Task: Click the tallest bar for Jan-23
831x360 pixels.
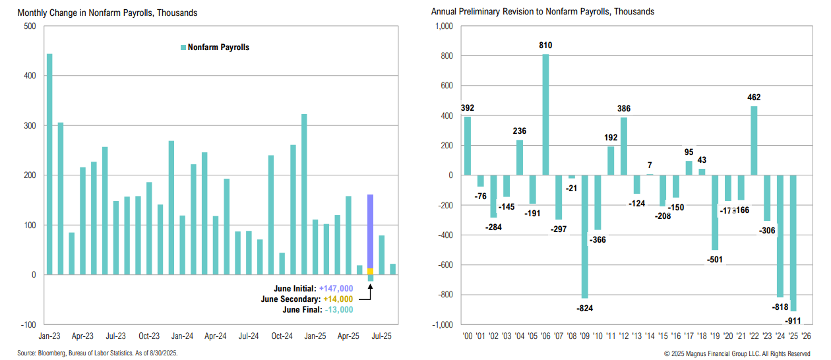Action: point(49,164)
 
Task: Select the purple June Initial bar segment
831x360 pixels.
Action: point(370,231)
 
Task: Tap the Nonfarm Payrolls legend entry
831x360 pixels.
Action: point(215,47)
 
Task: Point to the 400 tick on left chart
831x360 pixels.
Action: point(29,76)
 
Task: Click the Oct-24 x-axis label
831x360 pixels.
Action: point(282,335)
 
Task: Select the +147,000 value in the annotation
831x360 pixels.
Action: point(336,289)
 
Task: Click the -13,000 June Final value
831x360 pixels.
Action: point(338,310)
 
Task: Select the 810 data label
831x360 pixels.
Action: point(545,45)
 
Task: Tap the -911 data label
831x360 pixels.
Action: point(794,320)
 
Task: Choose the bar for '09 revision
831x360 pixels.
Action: point(584,237)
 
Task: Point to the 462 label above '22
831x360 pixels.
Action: point(754,97)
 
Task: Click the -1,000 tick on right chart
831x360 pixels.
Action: point(442,324)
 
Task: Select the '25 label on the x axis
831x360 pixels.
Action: point(794,335)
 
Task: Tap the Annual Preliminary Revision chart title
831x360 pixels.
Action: point(543,12)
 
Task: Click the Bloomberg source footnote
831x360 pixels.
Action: point(88,354)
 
